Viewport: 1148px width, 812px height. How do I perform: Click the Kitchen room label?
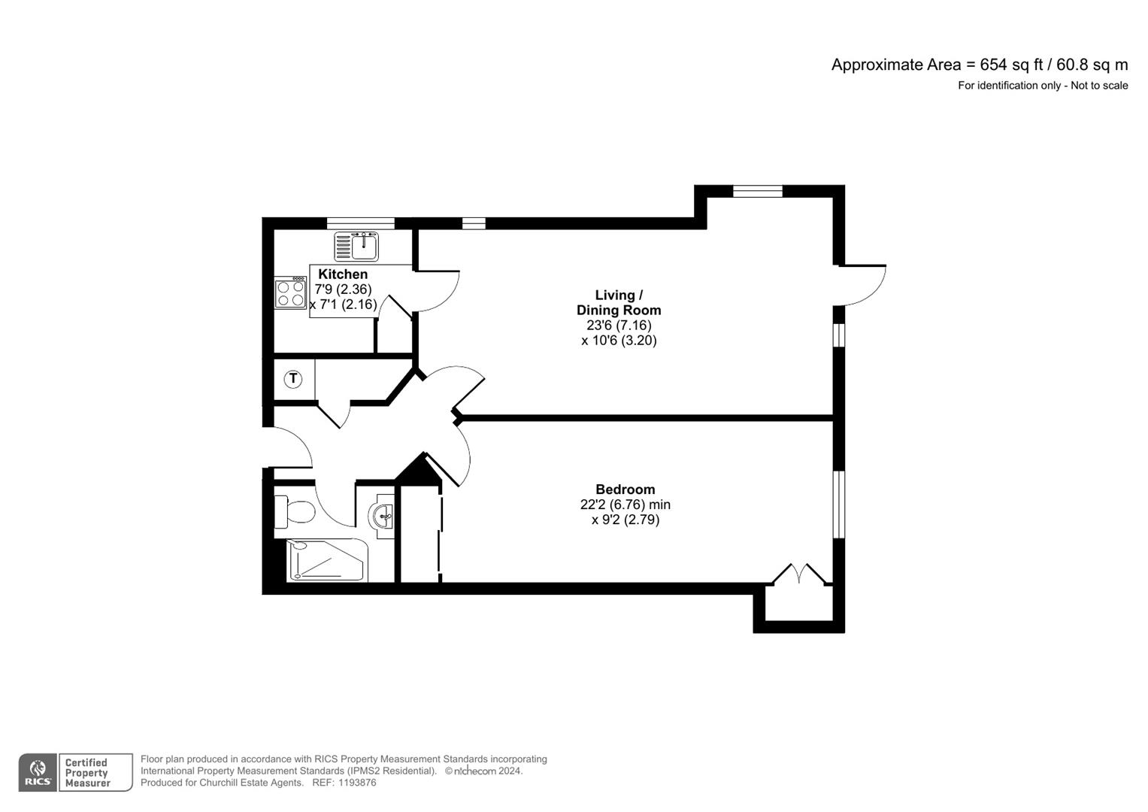pos(343,274)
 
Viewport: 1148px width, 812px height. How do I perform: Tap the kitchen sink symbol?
pos(357,246)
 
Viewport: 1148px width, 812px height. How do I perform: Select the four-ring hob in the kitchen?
pos(290,293)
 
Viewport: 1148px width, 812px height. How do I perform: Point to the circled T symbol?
pos(293,379)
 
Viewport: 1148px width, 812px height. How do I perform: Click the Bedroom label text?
pos(625,489)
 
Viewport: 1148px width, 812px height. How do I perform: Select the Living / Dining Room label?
pos(619,302)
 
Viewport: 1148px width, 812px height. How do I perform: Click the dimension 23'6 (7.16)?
pos(619,326)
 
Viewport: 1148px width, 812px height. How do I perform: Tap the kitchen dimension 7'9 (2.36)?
pos(343,289)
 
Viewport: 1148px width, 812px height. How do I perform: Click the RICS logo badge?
pos(38,773)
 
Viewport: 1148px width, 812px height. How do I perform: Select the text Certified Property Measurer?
pos(87,773)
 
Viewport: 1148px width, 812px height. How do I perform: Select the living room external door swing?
pos(863,284)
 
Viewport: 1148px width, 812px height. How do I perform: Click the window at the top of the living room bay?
pos(757,191)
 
